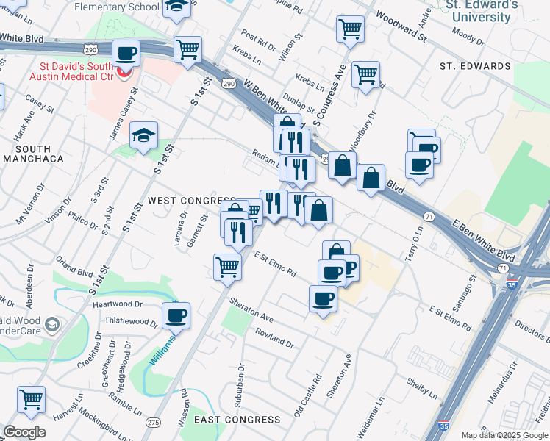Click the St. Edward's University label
click(x=482, y=10)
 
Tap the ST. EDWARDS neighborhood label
click(x=475, y=66)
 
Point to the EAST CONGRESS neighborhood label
click(x=238, y=420)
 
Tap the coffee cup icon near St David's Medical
click(x=126, y=54)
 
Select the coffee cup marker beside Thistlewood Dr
click(x=176, y=316)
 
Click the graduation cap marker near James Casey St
click(x=144, y=135)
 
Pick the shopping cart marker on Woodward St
click(x=351, y=29)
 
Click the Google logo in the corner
click(x=24, y=432)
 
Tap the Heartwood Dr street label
click(x=117, y=304)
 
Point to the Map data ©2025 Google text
click(x=504, y=435)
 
